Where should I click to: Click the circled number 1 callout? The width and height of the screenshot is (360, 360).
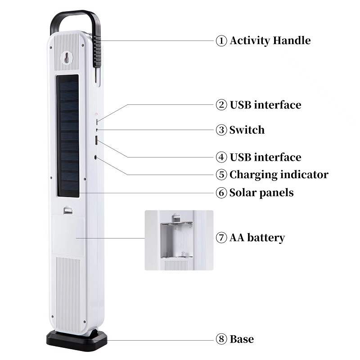(x=221, y=40)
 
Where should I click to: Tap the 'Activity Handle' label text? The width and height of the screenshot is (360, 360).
(x=270, y=40)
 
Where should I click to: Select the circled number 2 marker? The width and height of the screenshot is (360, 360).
(x=221, y=105)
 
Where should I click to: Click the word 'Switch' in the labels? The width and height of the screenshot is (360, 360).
(x=247, y=130)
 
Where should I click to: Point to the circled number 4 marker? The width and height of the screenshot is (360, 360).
(x=221, y=157)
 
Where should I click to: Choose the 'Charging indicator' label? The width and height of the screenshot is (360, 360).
(x=279, y=175)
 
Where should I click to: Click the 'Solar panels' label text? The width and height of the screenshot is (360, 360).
(x=261, y=193)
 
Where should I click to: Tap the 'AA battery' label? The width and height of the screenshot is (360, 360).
(x=257, y=238)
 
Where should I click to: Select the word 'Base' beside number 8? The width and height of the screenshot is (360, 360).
(x=242, y=339)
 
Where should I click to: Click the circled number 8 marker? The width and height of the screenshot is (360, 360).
(x=221, y=339)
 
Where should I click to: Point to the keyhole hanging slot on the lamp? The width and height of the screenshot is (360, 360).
(x=67, y=57)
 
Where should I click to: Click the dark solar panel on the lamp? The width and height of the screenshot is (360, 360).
(x=68, y=136)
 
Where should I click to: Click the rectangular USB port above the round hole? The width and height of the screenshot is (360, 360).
(x=96, y=140)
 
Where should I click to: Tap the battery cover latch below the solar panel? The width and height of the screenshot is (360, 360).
(x=68, y=210)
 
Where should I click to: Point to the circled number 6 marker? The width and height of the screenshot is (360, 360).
(x=221, y=193)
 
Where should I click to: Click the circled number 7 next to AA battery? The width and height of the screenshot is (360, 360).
(x=221, y=238)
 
